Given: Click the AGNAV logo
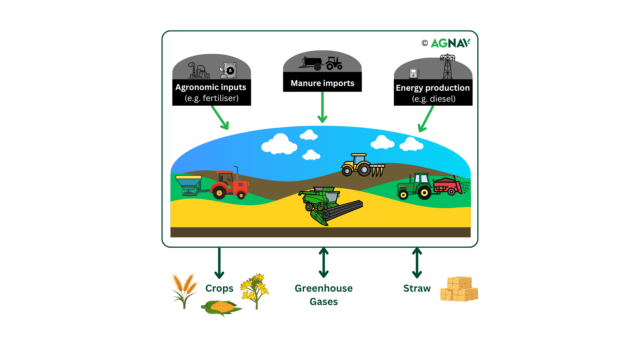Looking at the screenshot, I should (x=450, y=43).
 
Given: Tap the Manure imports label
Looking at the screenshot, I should (x=322, y=83).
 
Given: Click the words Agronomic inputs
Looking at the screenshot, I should (x=211, y=87).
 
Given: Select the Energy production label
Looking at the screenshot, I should (x=433, y=88).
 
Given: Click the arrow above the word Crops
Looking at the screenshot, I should (x=219, y=263).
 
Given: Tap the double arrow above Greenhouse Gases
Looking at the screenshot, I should (x=324, y=263).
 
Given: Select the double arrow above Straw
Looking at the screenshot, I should (x=417, y=263).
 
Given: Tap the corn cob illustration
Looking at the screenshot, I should (x=221, y=307).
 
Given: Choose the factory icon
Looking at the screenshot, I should (x=199, y=71).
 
